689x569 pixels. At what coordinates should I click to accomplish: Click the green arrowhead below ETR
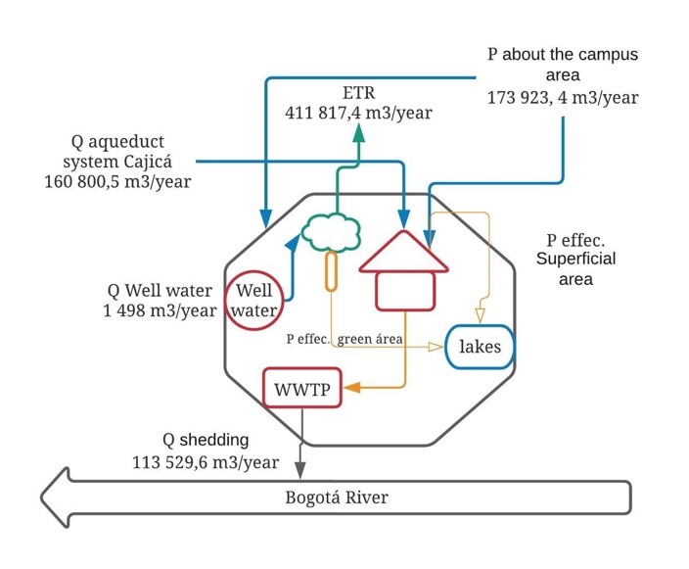359,133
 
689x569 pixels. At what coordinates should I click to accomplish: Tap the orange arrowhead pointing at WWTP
352,388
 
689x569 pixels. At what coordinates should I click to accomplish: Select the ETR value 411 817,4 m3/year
358,113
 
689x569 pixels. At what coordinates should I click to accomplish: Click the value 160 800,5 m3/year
117,181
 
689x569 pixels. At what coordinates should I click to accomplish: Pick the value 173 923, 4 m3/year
563,97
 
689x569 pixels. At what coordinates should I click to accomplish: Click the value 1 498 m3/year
160,310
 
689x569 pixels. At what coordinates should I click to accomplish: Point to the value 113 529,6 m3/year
206,462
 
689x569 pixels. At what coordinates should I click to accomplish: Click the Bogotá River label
337,498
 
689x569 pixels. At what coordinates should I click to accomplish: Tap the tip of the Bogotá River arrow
41,498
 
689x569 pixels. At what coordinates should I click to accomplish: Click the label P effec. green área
344,339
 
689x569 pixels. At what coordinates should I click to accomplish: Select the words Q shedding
206,440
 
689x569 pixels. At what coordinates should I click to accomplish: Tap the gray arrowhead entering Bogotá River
300,470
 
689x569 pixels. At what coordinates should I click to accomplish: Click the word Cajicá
148,162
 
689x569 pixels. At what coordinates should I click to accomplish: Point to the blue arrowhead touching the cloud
293,243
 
